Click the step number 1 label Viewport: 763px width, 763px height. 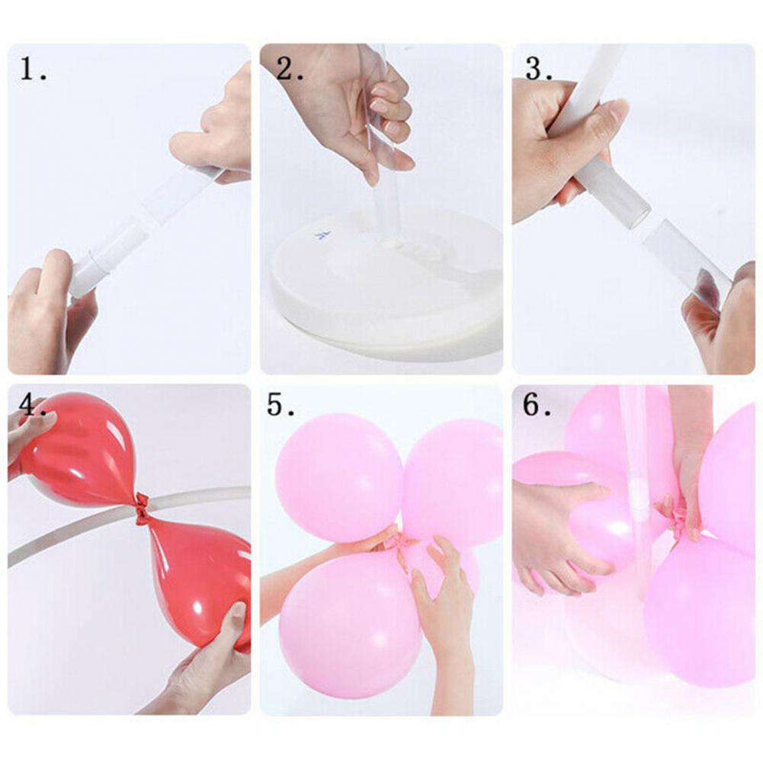(33, 69)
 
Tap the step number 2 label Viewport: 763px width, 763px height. (290, 69)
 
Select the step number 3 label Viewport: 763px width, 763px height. (539, 69)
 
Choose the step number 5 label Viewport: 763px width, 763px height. (281, 405)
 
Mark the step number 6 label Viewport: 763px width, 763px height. (537, 405)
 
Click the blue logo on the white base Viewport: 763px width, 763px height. (322, 236)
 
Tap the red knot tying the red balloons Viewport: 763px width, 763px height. (141, 509)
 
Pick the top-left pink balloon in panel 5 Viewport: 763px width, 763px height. (339, 478)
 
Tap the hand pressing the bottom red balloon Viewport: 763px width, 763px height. (204, 662)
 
